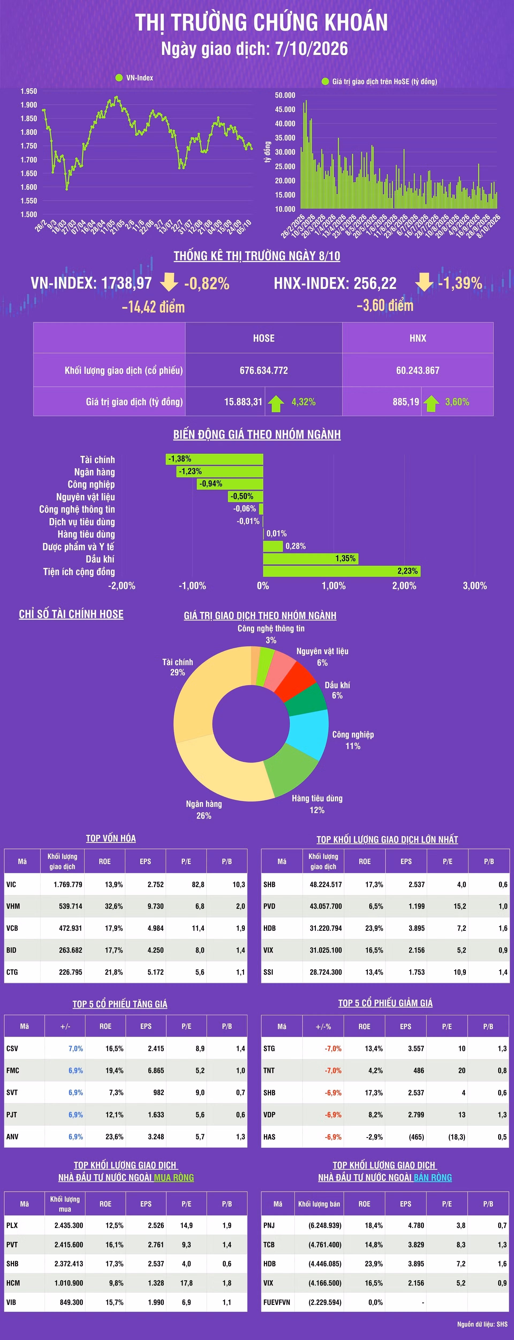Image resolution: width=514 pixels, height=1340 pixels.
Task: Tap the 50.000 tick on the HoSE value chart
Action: (x=285, y=95)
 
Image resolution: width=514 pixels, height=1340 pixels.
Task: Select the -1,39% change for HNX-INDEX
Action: (x=460, y=283)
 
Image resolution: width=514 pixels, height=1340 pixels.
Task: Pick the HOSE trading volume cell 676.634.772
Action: (x=263, y=370)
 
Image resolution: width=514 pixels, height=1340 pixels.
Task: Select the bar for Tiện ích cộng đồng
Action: (x=341, y=571)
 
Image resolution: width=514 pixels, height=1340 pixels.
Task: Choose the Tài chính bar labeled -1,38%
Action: (x=214, y=459)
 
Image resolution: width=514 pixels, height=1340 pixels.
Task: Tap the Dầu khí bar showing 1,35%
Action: (x=310, y=559)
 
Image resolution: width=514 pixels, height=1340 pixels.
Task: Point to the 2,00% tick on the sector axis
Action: (x=404, y=586)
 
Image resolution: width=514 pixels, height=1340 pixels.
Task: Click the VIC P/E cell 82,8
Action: (x=198, y=884)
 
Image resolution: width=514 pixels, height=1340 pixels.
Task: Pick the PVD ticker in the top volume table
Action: (x=269, y=906)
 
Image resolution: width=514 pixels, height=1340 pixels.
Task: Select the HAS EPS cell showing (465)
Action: (x=416, y=1137)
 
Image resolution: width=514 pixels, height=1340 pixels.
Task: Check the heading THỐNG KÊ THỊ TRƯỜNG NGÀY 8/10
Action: (x=257, y=256)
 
